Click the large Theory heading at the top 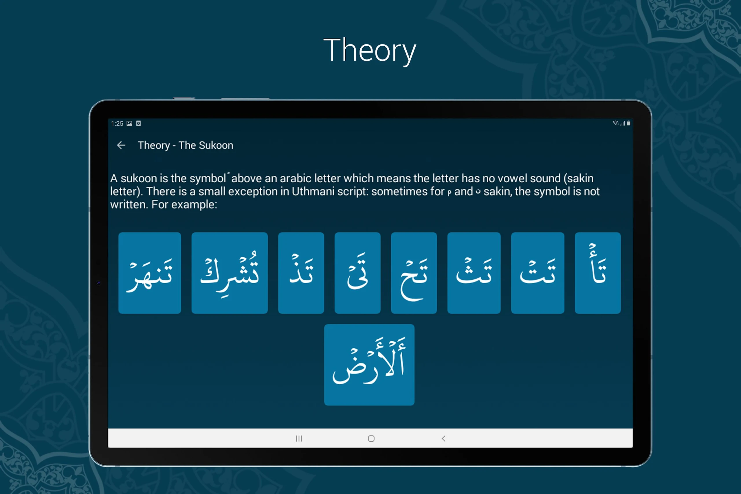tap(370, 50)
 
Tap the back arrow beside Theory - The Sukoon tap(121, 145)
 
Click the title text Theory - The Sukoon tap(186, 145)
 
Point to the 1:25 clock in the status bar tap(117, 124)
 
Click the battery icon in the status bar tap(628, 123)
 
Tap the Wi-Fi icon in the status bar tap(615, 123)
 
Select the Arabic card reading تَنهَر tap(150, 273)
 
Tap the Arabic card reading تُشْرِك tap(230, 273)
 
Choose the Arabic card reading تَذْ tap(301, 273)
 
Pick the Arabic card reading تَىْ tap(357, 273)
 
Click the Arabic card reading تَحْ tap(414, 273)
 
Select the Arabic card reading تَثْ tap(474, 273)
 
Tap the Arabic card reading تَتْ tap(538, 273)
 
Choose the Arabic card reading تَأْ tap(598, 273)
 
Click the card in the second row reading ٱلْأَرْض tap(369, 365)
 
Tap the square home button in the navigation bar tap(371, 438)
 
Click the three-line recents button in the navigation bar tap(299, 438)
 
